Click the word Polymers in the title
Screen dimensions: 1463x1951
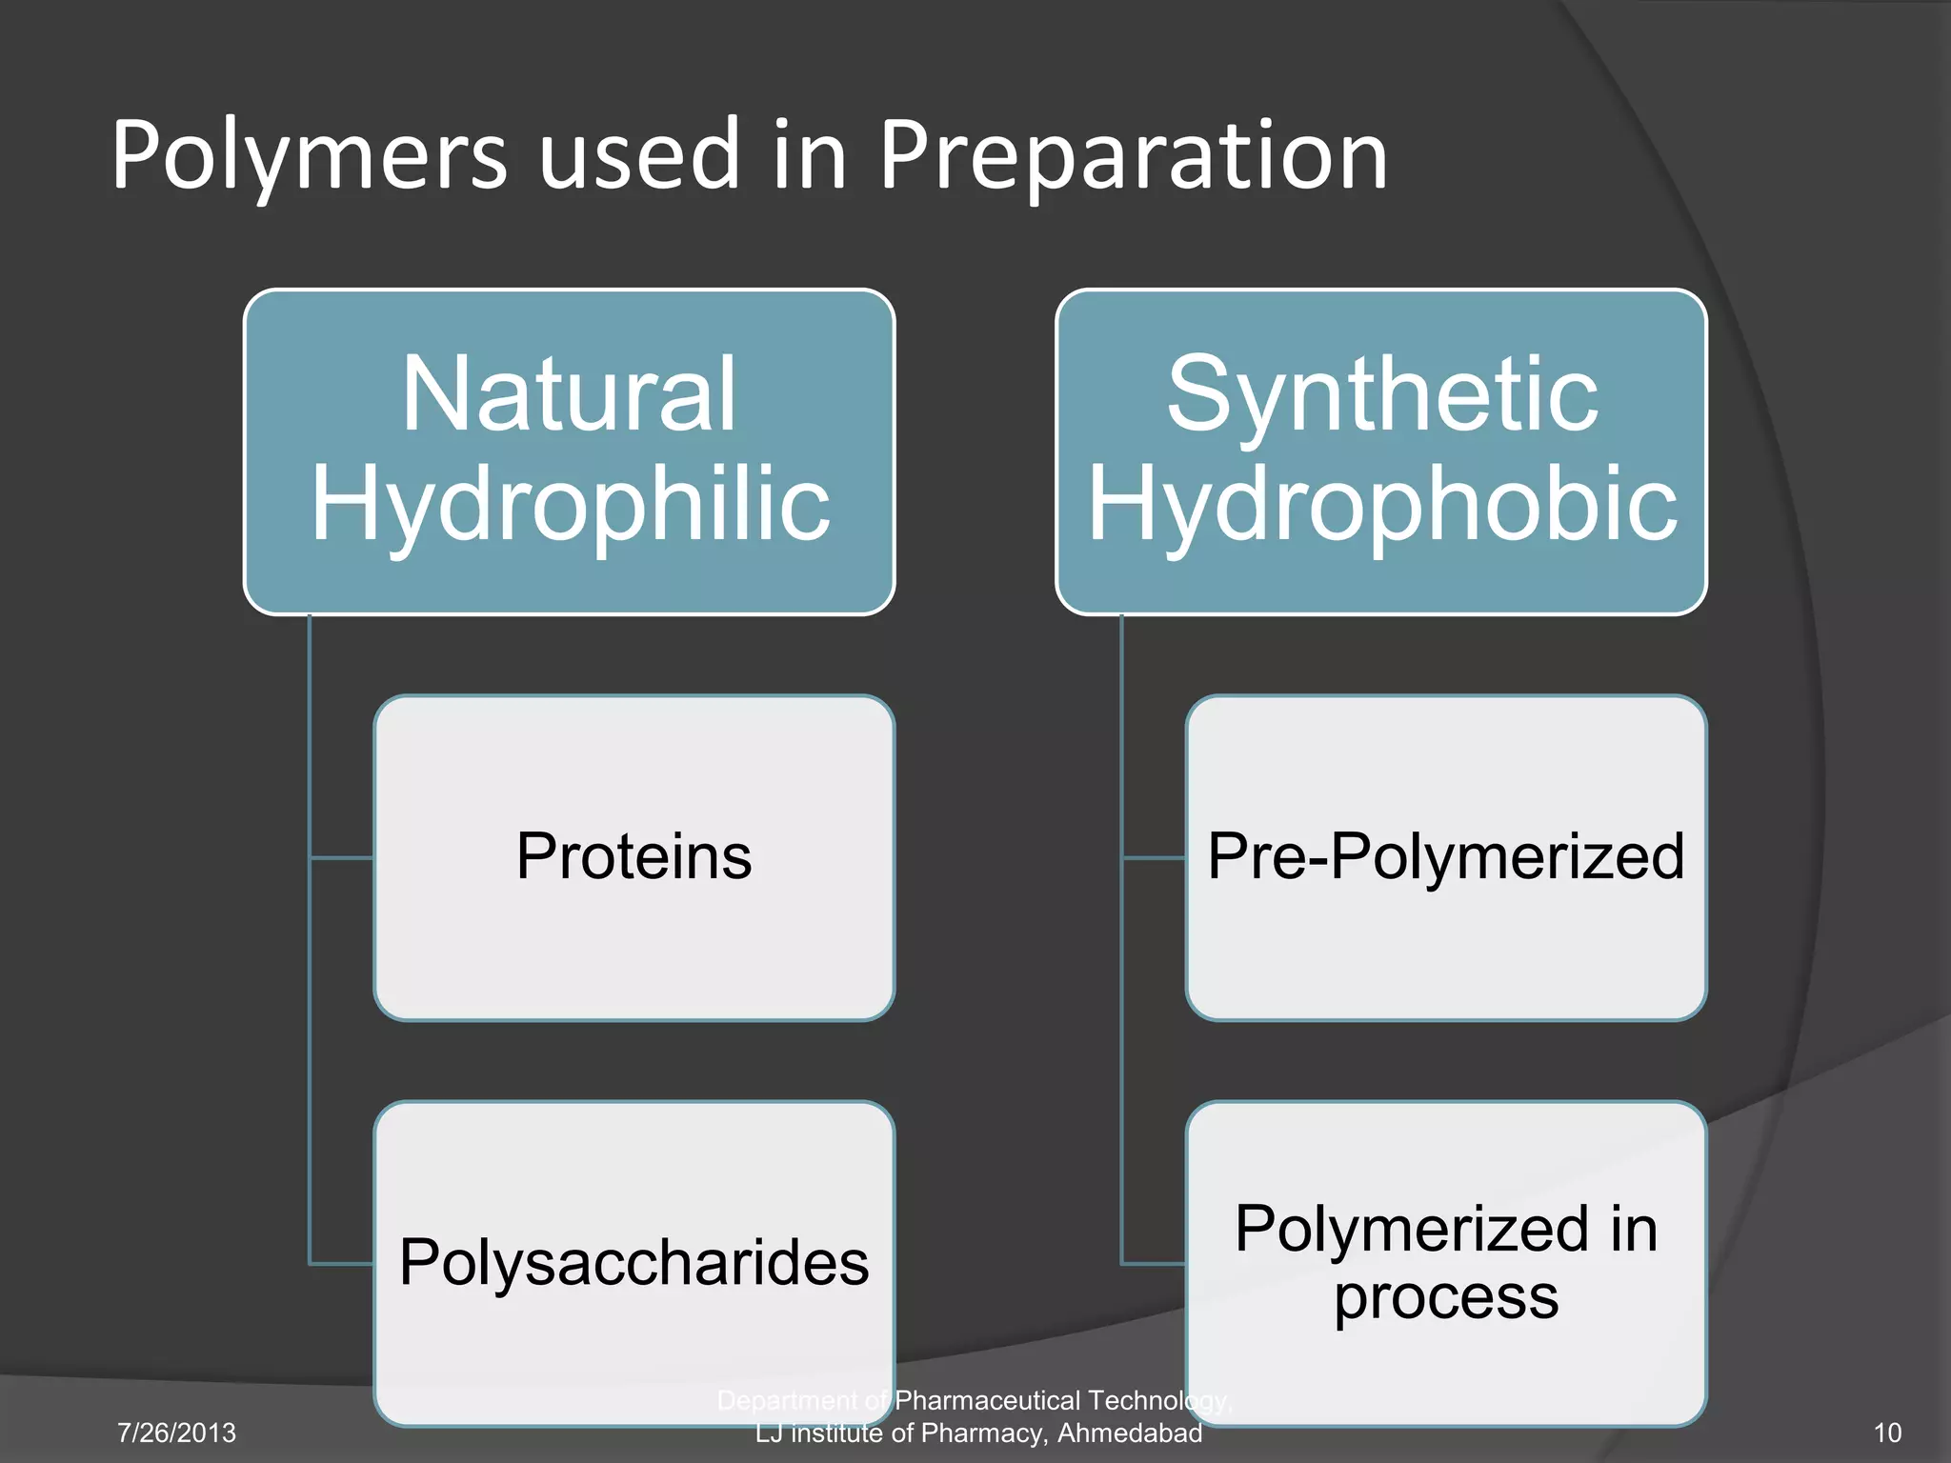[310, 155]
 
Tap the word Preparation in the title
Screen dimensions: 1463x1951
[1132, 155]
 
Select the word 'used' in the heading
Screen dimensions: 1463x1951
[639, 155]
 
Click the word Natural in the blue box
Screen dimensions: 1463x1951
[569, 393]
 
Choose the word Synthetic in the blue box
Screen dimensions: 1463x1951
[1382, 393]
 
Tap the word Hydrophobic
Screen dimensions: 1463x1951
[1382, 503]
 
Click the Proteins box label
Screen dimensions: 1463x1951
[634, 855]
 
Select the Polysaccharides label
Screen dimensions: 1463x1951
[634, 1262]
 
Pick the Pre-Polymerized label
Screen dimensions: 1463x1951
[1445, 855]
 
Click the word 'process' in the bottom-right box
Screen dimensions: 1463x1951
[1445, 1297]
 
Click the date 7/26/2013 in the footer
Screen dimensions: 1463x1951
[176, 1433]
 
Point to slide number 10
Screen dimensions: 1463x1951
[1887, 1433]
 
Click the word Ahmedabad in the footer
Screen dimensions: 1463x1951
[1130, 1433]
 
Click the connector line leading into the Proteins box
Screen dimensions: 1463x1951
[341, 857]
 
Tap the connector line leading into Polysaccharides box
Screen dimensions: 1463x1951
[341, 1264]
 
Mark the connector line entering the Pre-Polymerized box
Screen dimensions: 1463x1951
[1154, 857]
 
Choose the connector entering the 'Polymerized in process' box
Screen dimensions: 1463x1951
[1154, 1264]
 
